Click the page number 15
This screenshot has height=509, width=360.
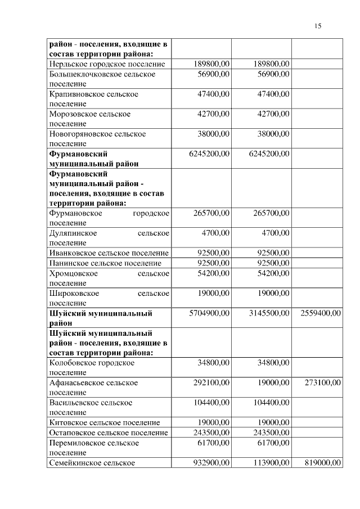point(318,26)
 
